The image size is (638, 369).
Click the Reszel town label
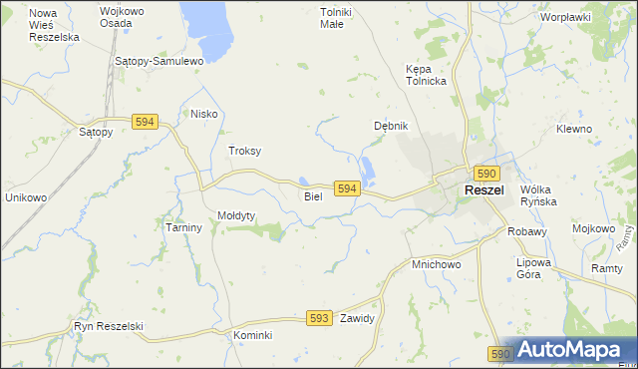(484, 190)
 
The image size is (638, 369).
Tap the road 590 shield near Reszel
(485, 173)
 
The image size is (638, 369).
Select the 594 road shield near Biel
(346, 188)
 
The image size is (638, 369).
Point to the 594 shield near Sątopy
(145, 121)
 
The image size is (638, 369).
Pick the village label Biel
(313, 196)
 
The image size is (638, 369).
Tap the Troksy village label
(244, 151)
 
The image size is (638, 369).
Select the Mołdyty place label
(237, 215)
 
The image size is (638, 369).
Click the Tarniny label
(183, 227)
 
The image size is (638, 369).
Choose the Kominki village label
(252, 335)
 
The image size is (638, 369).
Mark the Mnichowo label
(436, 265)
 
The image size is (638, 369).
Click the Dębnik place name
(391, 126)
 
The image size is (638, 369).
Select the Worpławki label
(565, 17)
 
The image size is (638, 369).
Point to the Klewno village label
(574, 130)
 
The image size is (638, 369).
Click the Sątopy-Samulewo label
(159, 61)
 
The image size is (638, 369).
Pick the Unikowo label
(26, 197)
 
